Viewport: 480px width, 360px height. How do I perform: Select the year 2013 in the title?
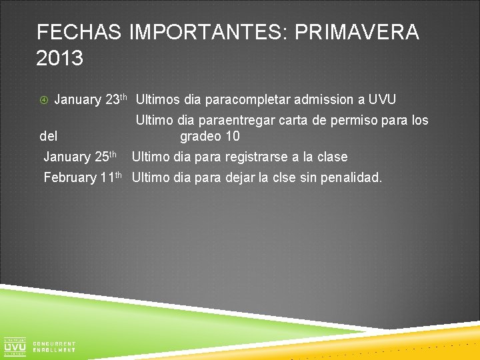60,59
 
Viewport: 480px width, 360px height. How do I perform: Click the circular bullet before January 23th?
42,101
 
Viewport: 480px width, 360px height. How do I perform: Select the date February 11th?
83,177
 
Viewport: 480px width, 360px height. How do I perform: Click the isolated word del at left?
49,137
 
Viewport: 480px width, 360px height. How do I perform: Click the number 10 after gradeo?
232,137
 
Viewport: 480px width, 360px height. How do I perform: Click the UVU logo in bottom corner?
15,345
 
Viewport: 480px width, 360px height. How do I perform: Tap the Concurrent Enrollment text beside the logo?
54,347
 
